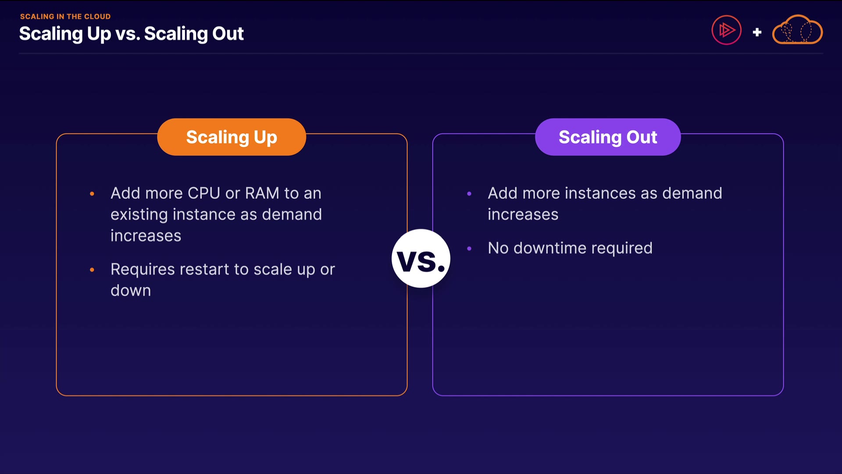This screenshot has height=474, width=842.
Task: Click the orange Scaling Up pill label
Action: coord(232,137)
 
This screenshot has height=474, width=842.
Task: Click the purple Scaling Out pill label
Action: coord(608,137)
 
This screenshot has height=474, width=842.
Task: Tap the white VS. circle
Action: coord(421,259)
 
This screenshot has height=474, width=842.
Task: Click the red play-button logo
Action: coord(727,30)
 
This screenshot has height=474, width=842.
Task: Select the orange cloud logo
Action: coord(797,30)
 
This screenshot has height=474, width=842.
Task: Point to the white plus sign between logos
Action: coord(757,32)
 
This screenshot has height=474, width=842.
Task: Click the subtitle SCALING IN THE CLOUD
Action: coord(65,17)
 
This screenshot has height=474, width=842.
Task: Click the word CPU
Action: coord(204,193)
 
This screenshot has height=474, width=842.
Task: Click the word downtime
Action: coord(550,248)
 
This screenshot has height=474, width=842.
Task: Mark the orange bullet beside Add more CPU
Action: coord(92,194)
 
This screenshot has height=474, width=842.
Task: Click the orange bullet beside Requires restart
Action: coord(92,269)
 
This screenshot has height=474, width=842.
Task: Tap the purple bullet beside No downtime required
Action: coord(469,248)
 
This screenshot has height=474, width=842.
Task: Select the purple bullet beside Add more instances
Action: coord(469,194)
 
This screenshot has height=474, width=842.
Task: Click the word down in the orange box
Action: coord(131,291)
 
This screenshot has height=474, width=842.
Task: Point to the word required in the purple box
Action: coord(622,248)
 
